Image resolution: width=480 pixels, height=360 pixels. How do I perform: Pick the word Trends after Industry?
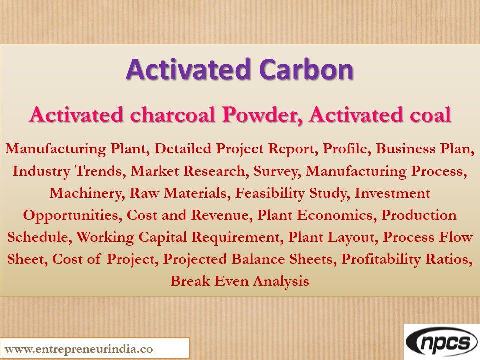pos(101,171)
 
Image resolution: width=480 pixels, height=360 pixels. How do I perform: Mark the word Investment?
pos(392,193)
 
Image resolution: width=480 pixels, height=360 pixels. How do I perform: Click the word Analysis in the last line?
pos(281,281)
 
